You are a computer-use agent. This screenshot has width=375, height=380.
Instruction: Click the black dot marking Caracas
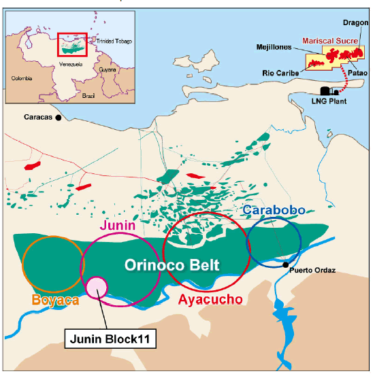tap(59, 118)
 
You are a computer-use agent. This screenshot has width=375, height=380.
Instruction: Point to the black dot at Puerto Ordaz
tap(287, 264)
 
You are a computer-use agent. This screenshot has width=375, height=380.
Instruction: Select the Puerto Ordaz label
tap(312, 271)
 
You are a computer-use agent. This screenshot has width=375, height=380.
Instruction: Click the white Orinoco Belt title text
tap(172, 265)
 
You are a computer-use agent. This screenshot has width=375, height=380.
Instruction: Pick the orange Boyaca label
tap(52, 299)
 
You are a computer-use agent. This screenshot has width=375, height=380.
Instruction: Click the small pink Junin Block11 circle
tap(97, 288)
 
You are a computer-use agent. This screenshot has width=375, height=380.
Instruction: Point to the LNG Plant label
tap(329, 101)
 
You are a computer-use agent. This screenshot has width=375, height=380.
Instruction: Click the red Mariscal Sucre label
tap(330, 41)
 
